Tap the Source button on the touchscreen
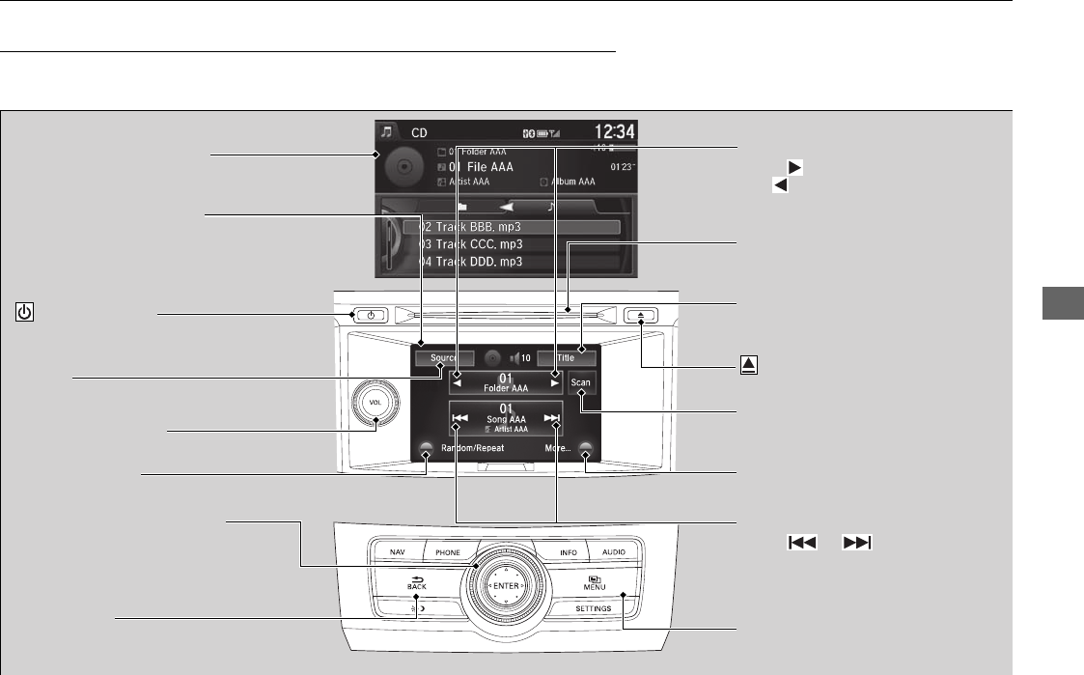pyautogui.click(x=442, y=357)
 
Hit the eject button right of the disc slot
pyautogui.click(x=640, y=315)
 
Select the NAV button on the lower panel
pyautogui.click(x=398, y=552)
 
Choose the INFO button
pyautogui.click(x=569, y=552)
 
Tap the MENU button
pyautogui.click(x=593, y=583)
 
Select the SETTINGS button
pyautogui.click(x=593, y=608)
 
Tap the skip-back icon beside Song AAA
pyautogui.click(x=460, y=419)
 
